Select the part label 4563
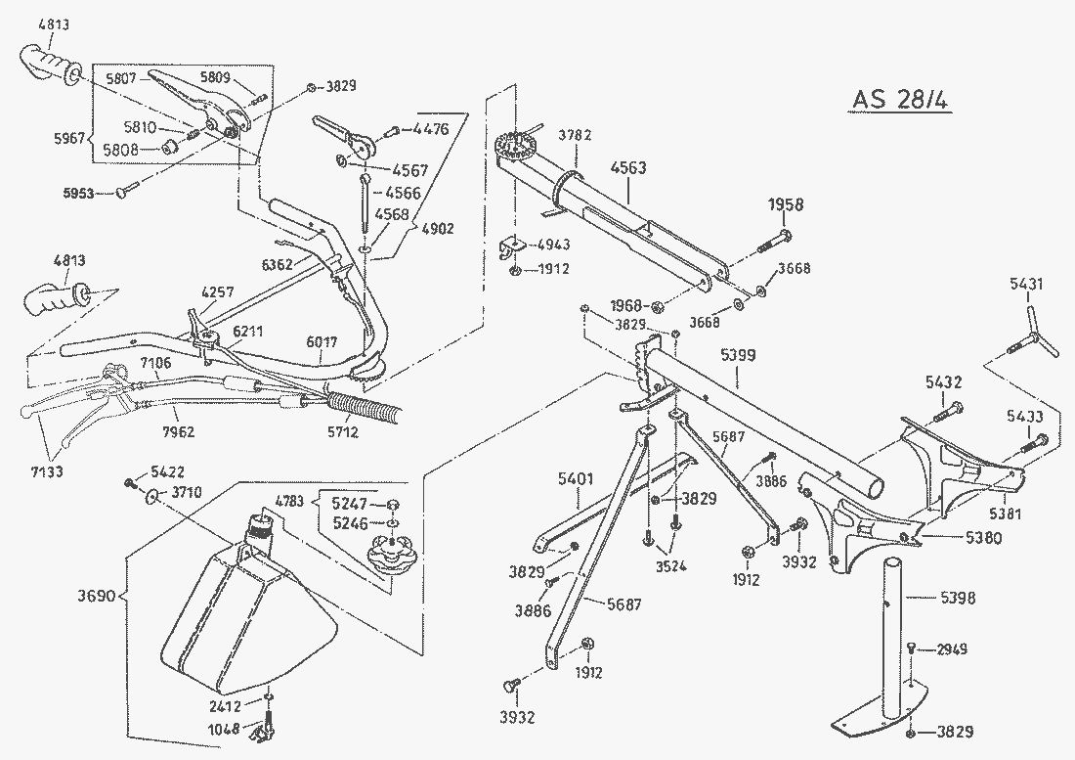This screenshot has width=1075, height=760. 628,167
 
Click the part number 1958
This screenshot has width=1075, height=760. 786,204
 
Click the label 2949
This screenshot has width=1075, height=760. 953,649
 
